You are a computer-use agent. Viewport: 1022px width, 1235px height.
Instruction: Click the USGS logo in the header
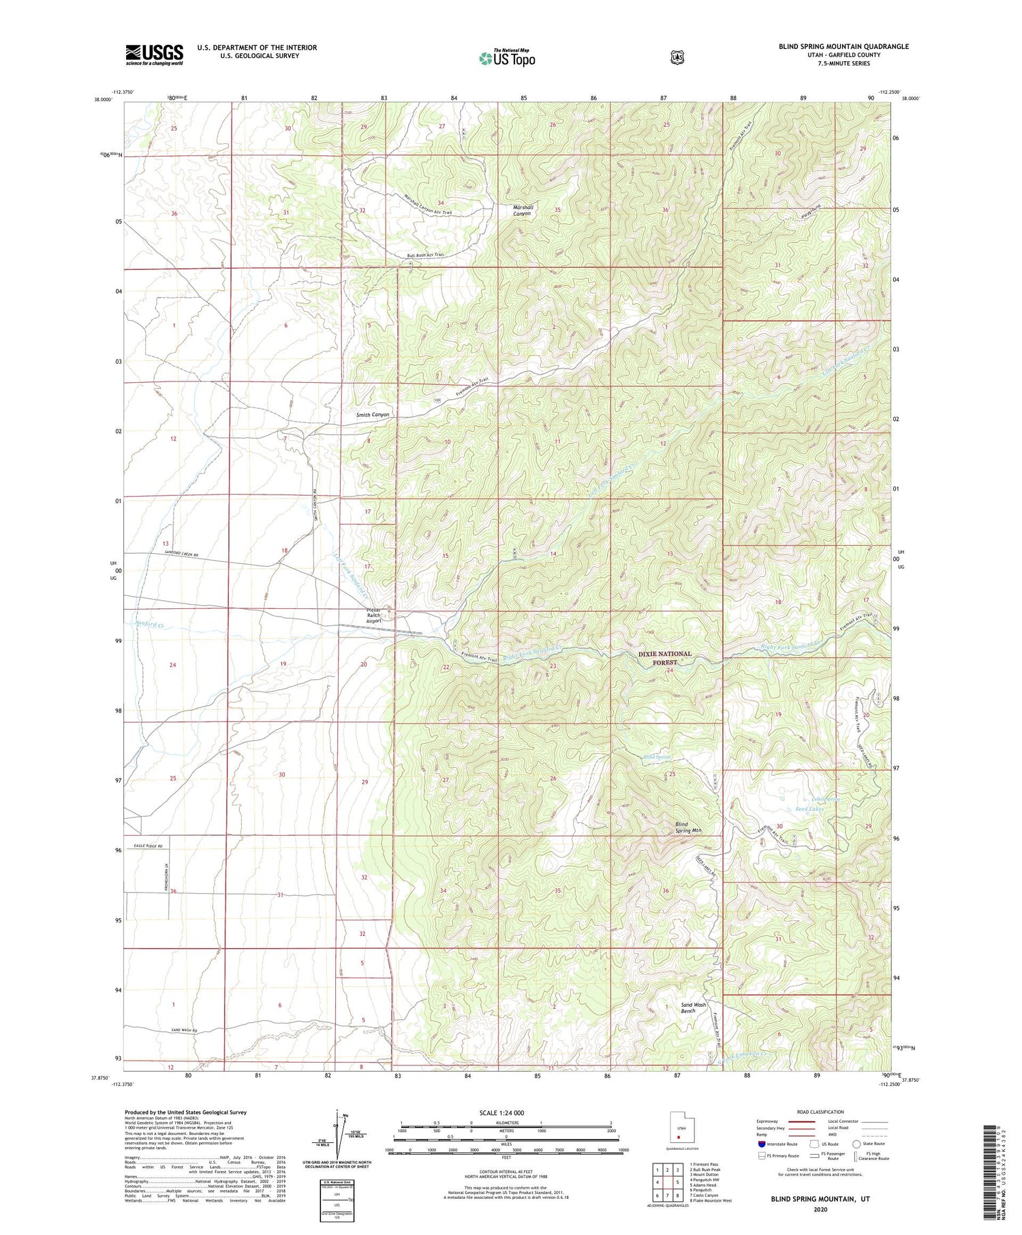click(154, 54)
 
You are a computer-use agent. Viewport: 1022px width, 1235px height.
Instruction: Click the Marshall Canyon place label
click(523, 210)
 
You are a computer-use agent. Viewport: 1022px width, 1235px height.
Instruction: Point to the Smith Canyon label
click(373, 414)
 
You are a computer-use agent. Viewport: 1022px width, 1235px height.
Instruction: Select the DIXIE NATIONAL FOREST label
click(664, 657)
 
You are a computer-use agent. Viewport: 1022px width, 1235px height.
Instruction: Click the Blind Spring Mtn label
click(687, 827)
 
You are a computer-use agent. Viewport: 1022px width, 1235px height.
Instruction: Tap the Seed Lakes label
click(809, 809)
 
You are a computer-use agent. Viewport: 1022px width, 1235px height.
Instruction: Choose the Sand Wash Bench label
click(694, 1007)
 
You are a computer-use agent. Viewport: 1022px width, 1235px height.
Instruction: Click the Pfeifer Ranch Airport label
click(375, 615)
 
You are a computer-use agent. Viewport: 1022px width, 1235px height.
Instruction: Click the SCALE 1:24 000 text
click(506, 1112)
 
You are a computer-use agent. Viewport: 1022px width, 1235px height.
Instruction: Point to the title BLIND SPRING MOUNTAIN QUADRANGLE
click(843, 46)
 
